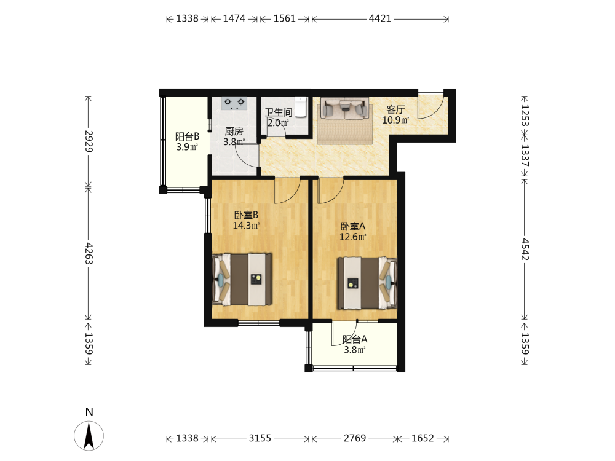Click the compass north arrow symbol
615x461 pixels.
[x=89, y=436]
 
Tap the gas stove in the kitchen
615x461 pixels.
[x=234, y=103]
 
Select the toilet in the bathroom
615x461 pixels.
[x=301, y=106]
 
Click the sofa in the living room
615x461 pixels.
[x=345, y=108]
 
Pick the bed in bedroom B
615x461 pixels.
[x=242, y=280]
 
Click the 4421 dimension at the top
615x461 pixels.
[x=380, y=18]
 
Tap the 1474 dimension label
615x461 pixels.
[x=234, y=18]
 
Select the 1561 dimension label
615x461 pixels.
[x=284, y=18]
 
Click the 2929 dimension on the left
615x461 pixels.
[x=89, y=141]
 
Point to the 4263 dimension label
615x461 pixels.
[x=89, y=253]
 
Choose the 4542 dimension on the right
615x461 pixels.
[x=525, y=249]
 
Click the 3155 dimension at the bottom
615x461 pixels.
[x=260, y=438]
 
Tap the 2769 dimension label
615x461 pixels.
[x=355, y=438]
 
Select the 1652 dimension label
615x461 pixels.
[x=423, y=438]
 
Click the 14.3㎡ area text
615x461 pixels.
[x=247, y=226]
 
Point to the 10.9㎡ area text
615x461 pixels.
[x=395, y=120]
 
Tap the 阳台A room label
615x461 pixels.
[x=355, y=339]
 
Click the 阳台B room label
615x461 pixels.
[x=187, y=136]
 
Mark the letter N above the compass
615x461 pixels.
[x=89, y=412]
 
